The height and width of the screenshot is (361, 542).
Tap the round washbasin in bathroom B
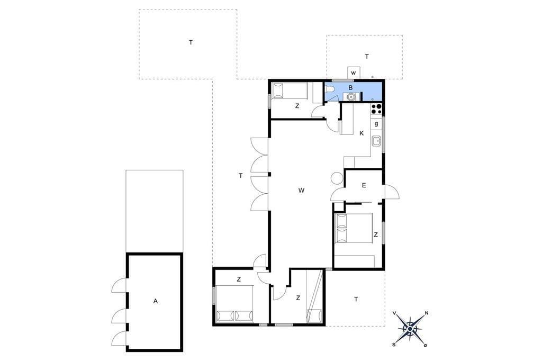(x=351, y=97)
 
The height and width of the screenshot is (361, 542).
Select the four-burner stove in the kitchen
(x=376, y=109)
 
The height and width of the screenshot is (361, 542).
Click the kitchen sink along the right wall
(x=376, y=141)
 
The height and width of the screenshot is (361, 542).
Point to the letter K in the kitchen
(x=362, y=133)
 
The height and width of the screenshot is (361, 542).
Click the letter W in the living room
(x=301, y=190)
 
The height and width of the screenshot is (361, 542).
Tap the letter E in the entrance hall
(x=364, y=186)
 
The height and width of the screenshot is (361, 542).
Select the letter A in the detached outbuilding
(x=156, y=301)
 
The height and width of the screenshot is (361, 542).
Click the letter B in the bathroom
(x=350, y=88)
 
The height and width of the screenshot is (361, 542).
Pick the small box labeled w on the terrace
(x=353, y=73)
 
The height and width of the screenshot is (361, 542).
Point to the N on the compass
(x=427, y=313)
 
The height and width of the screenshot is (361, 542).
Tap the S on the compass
(x=394, y=345)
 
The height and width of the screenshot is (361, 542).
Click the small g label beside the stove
(x=376, y=123)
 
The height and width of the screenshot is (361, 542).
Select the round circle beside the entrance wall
(x=336, y=178)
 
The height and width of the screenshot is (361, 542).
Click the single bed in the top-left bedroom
(x=289, y=91)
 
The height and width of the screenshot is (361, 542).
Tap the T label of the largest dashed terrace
(x=191, y=42)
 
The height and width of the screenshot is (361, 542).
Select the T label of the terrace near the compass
(x=356, y=299)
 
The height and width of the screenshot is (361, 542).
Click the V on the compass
(x=394, y=313)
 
